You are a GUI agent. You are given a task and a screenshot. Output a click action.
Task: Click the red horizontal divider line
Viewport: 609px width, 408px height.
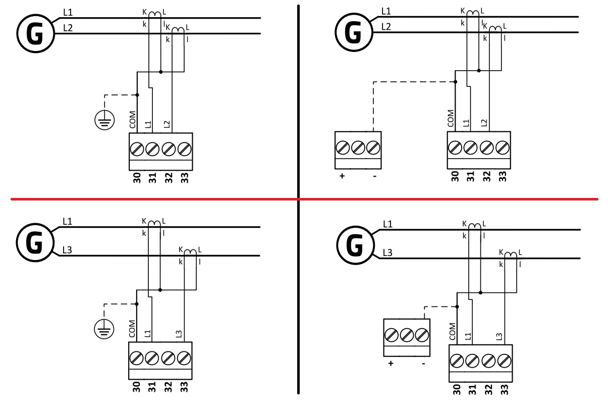click(x=151, y=199)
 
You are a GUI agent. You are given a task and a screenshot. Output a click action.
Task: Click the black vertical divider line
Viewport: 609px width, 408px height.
click(x=298, y=101)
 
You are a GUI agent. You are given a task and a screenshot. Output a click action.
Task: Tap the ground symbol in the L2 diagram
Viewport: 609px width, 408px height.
click(x=103, y=120)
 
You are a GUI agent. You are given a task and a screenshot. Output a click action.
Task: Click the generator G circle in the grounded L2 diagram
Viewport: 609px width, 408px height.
click(x=35, y=34)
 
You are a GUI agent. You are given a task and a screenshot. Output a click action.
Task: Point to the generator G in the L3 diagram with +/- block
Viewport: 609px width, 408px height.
click(x=355, y=246)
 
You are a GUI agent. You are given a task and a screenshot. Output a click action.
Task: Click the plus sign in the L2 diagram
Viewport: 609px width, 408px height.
click(x=342, y=177)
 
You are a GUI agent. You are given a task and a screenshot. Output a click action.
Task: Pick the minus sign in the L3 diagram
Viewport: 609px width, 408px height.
click(x=423, y=363)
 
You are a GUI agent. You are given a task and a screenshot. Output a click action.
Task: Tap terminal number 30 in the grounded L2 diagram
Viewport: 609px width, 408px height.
click(x=136, y=178)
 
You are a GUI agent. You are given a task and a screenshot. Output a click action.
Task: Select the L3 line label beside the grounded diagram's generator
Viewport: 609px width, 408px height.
click(x=67, y=250)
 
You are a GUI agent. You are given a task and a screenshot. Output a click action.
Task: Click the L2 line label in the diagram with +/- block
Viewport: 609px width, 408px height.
click(x=386, y=26)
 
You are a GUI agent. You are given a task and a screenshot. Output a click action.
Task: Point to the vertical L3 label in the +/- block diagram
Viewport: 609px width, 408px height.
click(x=499, y=336)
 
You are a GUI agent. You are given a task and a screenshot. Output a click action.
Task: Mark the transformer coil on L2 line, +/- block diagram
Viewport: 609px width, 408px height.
click(x=496, y=29)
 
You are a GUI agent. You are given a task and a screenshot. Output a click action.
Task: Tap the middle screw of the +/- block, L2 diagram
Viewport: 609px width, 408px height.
click(x=358, y=148)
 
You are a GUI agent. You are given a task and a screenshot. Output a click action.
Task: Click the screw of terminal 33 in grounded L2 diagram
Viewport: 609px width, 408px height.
click(x=185, y=149)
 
